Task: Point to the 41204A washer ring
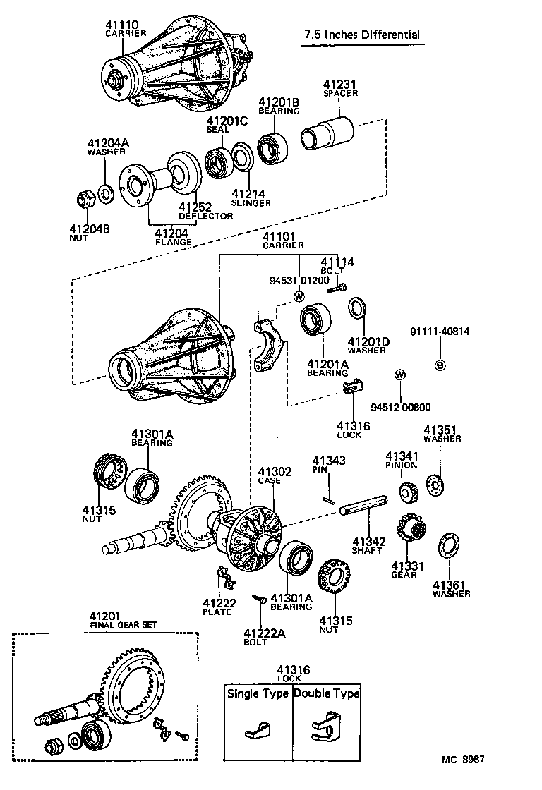[106, 191]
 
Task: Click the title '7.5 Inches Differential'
[361, 35]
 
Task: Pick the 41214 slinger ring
[241, 157]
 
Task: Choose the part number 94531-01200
[299, 280]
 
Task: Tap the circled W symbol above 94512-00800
[400, 374]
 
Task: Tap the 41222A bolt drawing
[259, 600]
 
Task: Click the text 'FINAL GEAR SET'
[124, 625]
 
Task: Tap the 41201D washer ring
[357, 309]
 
